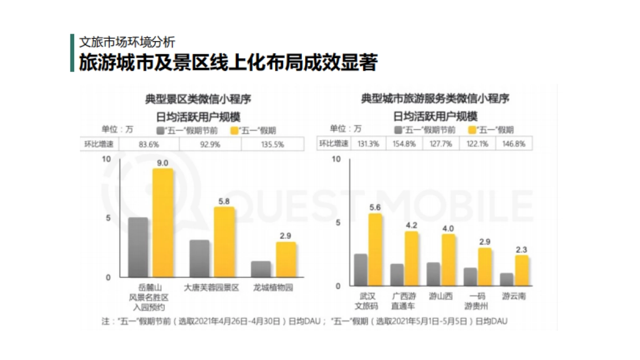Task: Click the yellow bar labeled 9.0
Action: click(x=163, y=223)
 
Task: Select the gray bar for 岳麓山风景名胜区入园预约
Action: click(x=138, y=247)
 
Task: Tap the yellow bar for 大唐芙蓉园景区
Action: click(x=224, y=242)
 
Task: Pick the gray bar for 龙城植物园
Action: click(x=261, y=269)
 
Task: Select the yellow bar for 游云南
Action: click(x=521, y=270)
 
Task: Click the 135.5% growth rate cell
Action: click(x=272, y=144)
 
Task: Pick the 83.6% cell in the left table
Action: click(x=149, y=144)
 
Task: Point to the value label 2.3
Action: click(x=521, y=249)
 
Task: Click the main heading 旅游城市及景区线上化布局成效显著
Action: click(x=228, y=63)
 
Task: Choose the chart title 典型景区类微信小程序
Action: click(x=198, y=99)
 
